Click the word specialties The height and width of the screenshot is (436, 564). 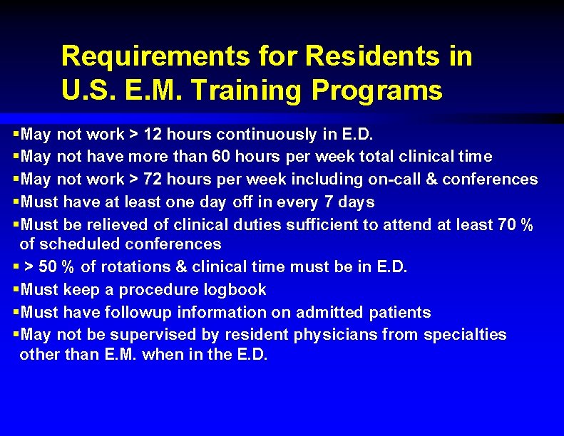(466, 334)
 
